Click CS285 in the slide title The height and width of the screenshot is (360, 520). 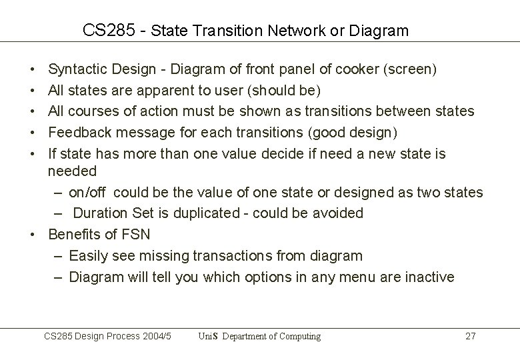coord(105,31)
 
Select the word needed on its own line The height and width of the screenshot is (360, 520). coord(72,171)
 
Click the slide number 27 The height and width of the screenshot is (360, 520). coord(470,337)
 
